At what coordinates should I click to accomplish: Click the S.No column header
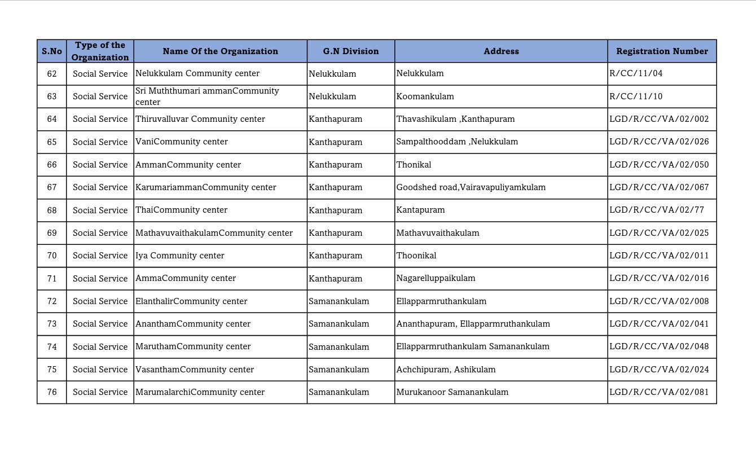(52, 51)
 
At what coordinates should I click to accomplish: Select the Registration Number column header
(662, 51)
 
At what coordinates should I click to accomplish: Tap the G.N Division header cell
(351, 51)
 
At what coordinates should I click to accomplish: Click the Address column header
(501, 51)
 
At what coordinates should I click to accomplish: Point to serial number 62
(52, 74)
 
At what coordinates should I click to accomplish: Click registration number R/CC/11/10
(636, 96)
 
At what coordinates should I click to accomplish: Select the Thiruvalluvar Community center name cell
(200, 119)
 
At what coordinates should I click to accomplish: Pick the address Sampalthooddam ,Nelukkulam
(457, 142)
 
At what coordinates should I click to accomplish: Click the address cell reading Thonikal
(414, 165)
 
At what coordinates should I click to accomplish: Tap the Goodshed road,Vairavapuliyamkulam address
(471, 187)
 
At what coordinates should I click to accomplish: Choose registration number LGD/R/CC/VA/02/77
(657, 210)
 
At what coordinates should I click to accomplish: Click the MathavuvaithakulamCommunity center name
(214, 233)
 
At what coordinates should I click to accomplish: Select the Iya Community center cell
(180, 256)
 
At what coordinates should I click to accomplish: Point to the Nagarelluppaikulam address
(436, 278)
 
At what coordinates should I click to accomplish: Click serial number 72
(52, 301)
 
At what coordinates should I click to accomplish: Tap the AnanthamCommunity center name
(193, 324)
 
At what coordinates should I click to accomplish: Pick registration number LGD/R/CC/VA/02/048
(659, 346)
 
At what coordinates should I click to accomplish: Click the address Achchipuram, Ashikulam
(446, 370)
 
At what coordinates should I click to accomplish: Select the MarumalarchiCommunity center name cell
(200, 392)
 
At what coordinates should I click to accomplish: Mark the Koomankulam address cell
(425, 96)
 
